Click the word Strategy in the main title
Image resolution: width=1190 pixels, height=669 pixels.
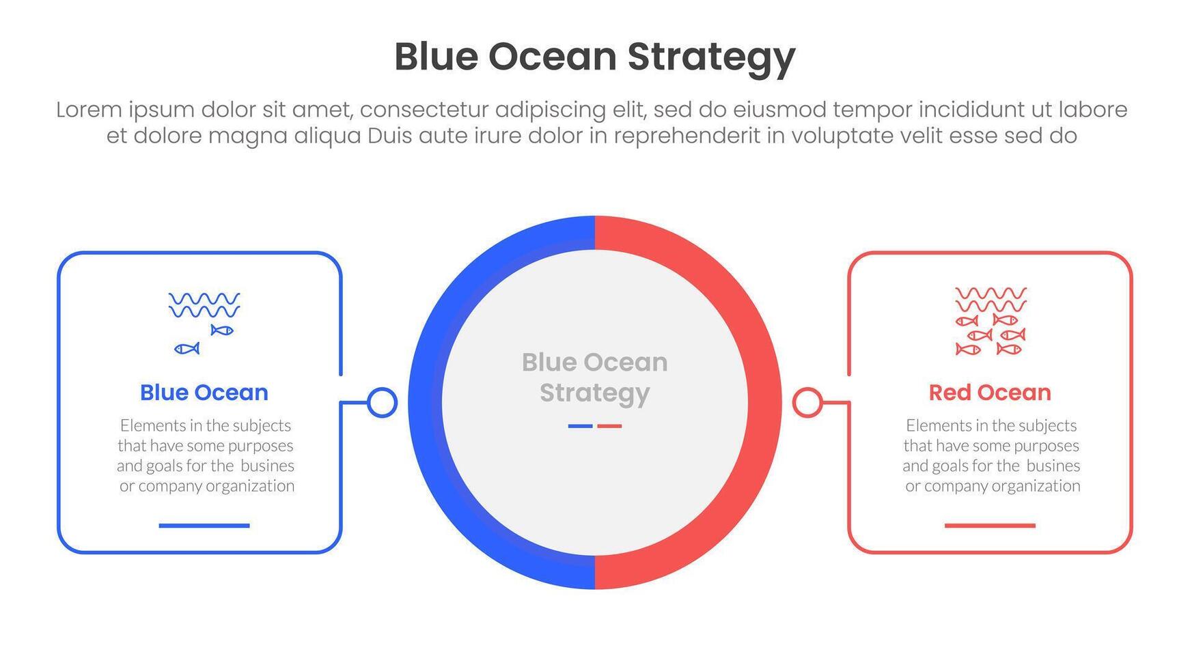(711, 58)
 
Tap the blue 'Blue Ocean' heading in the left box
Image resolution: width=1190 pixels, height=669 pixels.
(204, 393)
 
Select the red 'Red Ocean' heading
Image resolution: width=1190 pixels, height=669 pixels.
(990, 393)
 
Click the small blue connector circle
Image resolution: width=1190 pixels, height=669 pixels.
(382, 403)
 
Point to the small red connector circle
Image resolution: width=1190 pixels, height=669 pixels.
(807, 403)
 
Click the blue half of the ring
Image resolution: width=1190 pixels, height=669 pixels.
(425, 403)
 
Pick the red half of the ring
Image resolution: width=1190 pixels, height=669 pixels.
(765, 403)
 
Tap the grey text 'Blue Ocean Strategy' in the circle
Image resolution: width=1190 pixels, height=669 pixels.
(595, 378)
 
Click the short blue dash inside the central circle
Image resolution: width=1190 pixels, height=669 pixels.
(580, 426)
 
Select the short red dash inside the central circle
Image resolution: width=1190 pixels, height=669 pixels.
(609, 426)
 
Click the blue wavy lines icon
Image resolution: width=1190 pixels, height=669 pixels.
(204, 305)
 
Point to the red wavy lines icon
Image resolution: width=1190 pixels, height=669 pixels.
(991, 299)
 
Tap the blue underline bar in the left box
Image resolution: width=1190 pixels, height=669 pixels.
(204, 526)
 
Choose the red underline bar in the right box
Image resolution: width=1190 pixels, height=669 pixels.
(990, 526)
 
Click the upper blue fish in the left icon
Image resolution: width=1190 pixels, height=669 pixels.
(222, 330)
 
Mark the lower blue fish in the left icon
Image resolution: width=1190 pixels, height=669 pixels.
(186, 349)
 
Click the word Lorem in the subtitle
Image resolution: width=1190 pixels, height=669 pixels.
(88, 110)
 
